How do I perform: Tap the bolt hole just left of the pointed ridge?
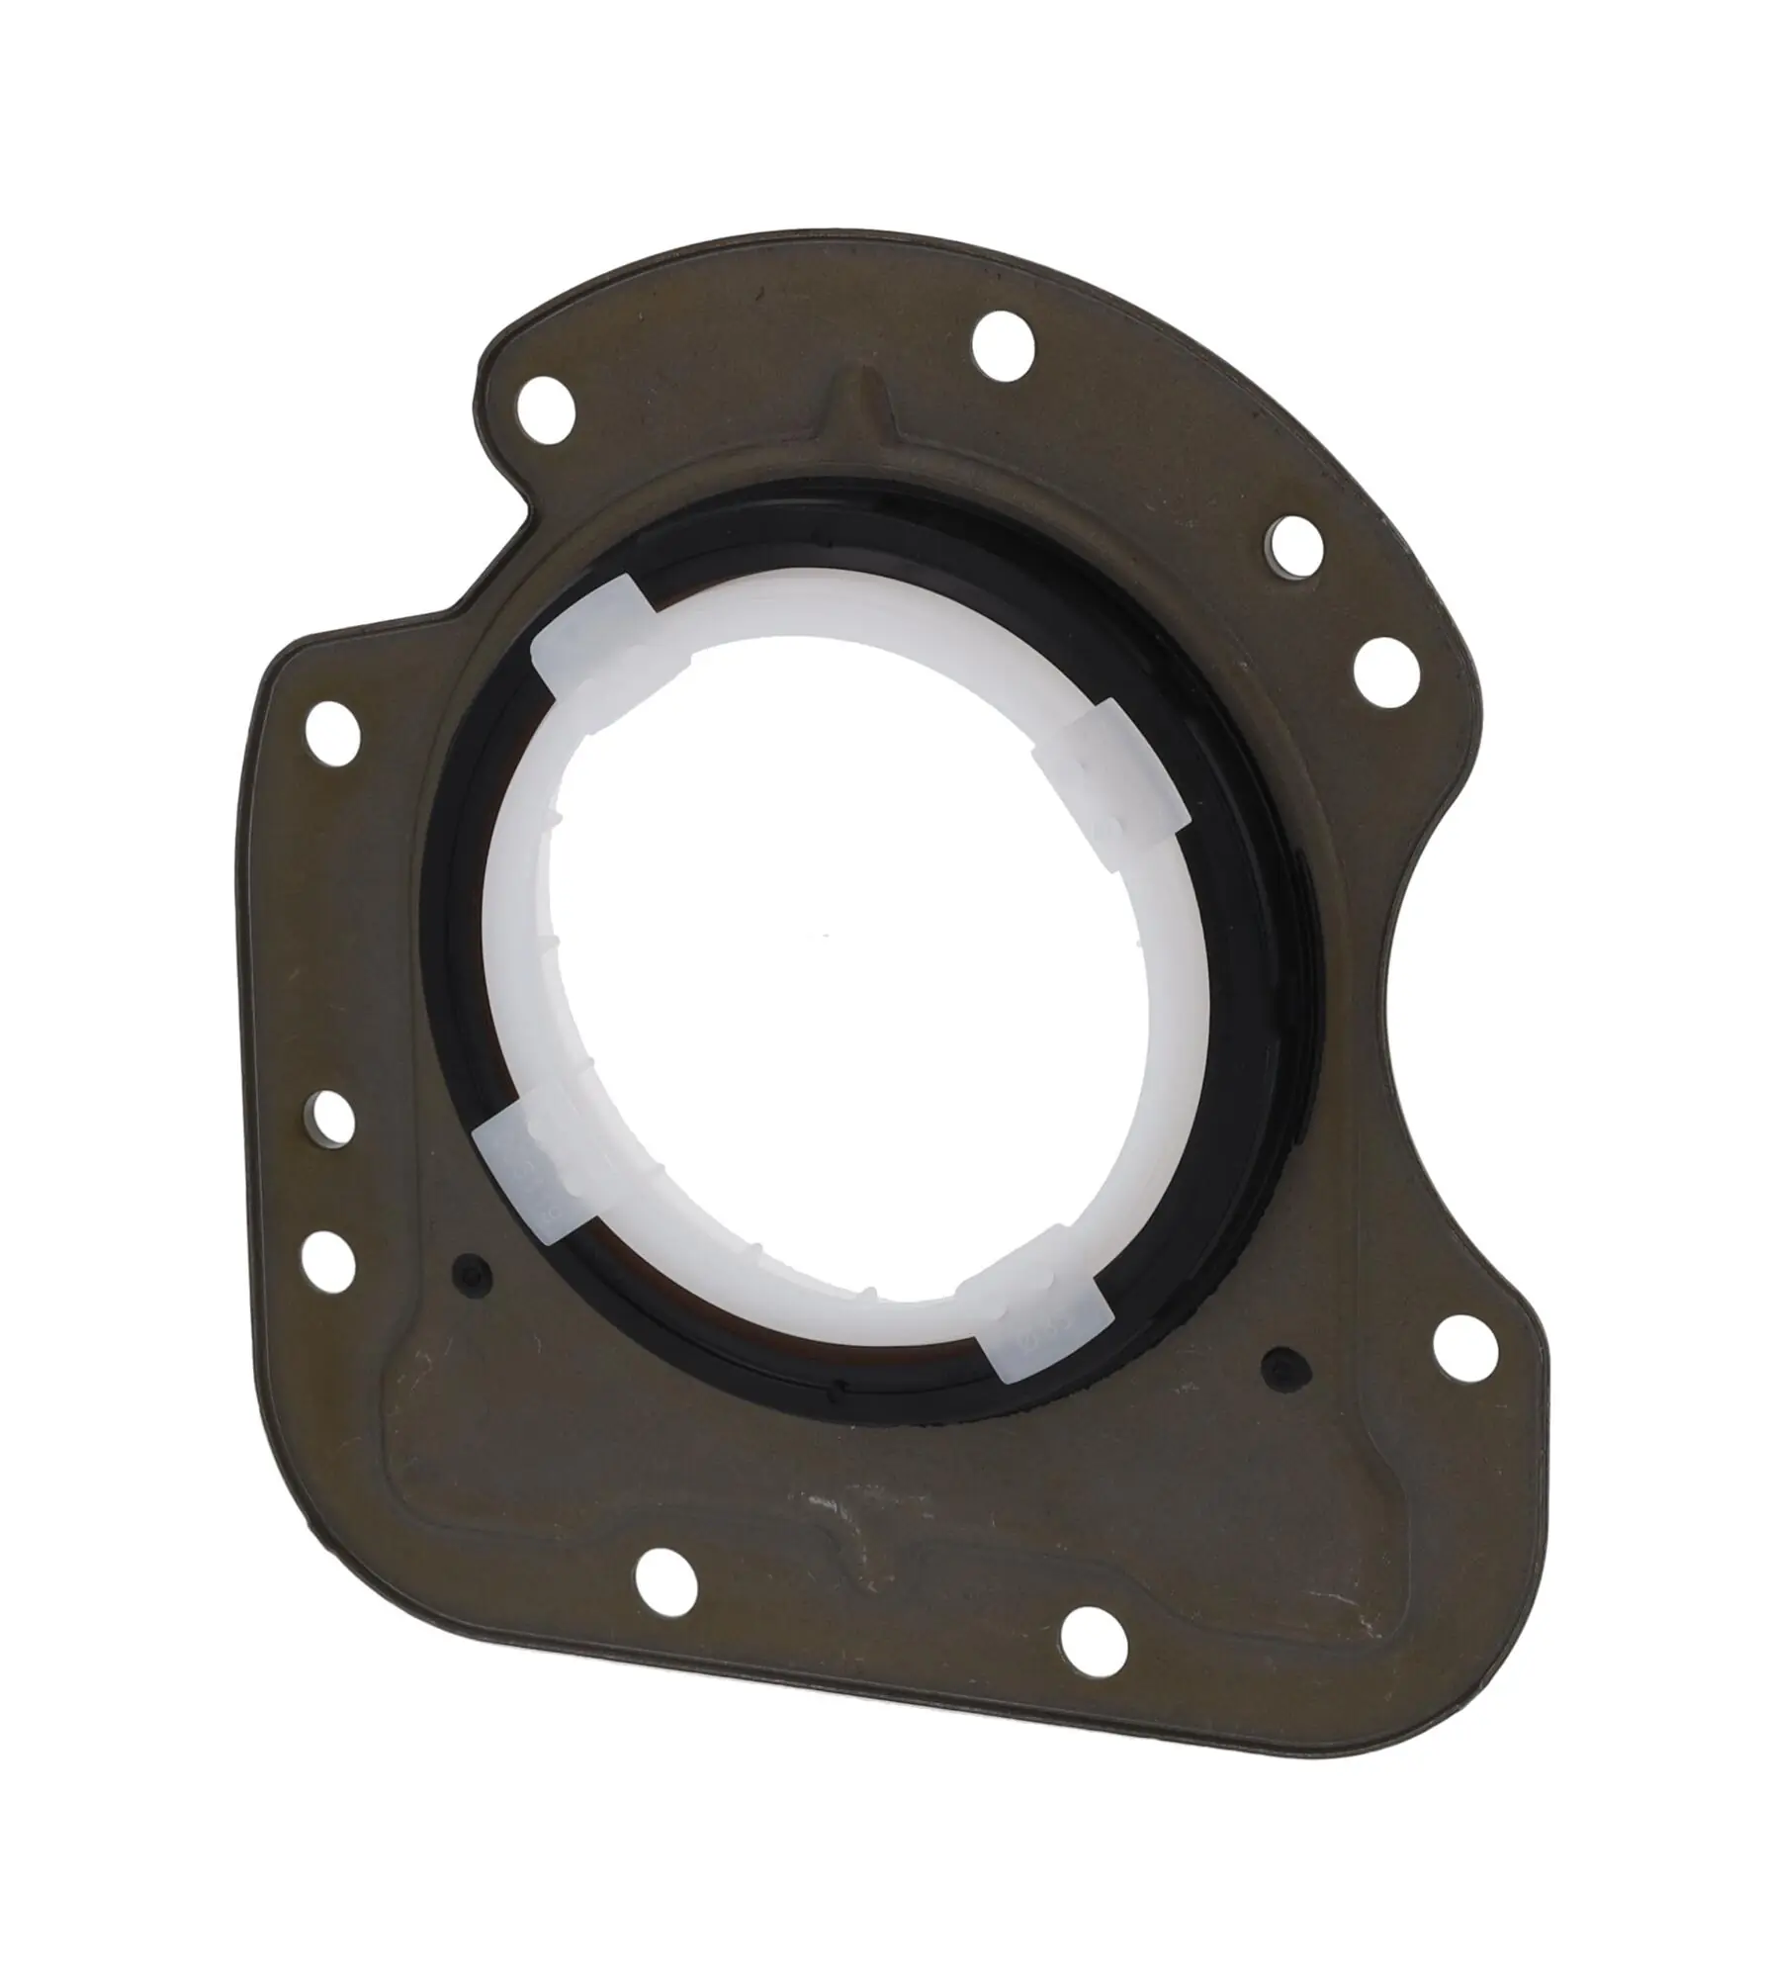point(545,406)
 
